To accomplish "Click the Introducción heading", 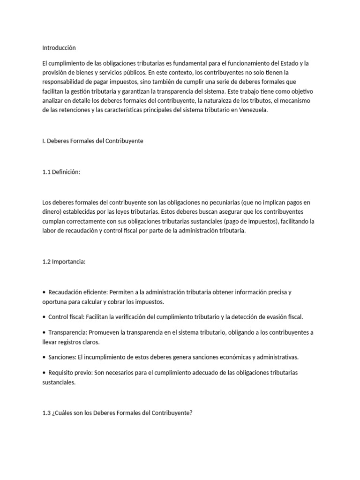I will click(59, 48).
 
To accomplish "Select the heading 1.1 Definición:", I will click(61, 172).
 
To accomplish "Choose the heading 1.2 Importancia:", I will click(64, 262).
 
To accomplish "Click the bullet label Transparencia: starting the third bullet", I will click(67, 332).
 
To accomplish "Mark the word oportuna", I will click(55, 302).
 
